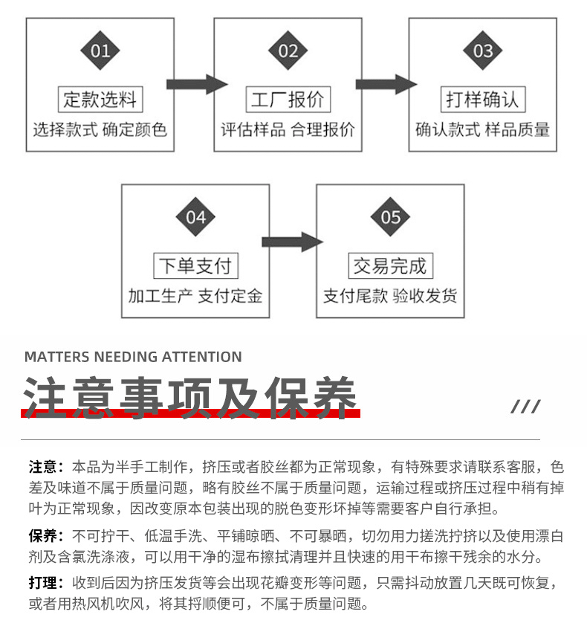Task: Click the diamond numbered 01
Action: (x=100, y=51)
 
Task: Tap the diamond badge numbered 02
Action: (x=288, y=51)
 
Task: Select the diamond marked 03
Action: (x=482, y=51)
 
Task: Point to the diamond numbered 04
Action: (x=195, y=217)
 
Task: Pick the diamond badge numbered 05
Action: (x=390, y=217)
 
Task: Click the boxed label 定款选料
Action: (x=100, y=100)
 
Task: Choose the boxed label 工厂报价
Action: (x=288, y=100)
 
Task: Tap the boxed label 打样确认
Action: (x=482, y=100)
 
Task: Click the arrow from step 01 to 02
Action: (x=195, y=83)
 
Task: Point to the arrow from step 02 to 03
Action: (x=386, y=83)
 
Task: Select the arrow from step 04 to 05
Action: (x=291, y=242)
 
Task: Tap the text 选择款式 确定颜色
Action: (x=100, y=129)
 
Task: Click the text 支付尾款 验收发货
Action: (x=390, y=296)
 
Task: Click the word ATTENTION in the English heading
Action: (x=201, y=357)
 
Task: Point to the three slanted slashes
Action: (x=525, y=407)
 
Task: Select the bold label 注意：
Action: (x=46, y=468)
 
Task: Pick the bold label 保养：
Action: (x=46, y=536)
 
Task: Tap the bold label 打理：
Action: (x=46, y=583)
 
